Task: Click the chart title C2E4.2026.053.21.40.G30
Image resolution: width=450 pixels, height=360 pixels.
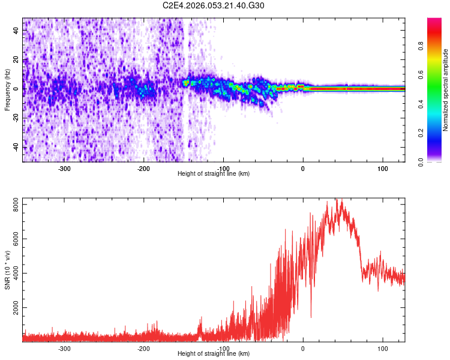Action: click(214, 5)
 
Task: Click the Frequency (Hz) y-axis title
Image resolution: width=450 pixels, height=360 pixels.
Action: click(7, 89)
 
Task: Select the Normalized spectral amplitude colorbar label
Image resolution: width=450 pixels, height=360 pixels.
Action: click(446, 91)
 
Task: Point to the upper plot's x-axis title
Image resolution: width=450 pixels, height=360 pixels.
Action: click(214, 173)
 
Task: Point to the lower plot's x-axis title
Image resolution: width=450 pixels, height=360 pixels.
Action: click(214, 353)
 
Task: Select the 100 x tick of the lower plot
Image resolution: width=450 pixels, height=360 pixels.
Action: click(382, 347)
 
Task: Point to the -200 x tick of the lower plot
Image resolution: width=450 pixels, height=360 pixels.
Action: click(143, 347)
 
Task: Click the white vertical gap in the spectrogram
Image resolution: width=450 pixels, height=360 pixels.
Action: click(185, 90)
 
